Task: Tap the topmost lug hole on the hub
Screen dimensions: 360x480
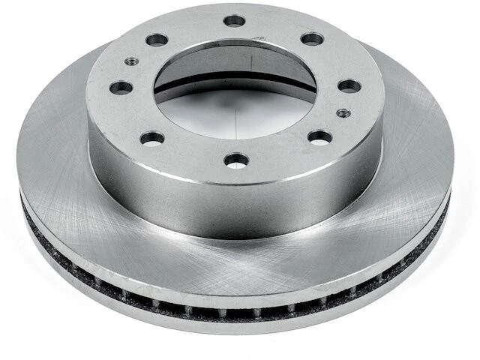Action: coord(235,20)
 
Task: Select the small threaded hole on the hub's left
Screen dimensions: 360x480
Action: coord(130,61)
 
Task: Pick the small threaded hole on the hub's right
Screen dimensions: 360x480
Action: coord(343,112)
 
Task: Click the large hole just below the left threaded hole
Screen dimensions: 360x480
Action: coord(121,88)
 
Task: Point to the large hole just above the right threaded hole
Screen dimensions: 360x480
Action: coord(349,85)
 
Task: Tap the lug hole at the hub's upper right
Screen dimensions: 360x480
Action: coord(312,38)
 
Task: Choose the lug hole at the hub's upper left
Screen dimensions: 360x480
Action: coord(157,39)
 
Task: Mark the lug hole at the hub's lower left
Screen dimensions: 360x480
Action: coord(152,138)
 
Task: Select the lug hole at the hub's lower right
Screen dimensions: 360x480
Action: coord(319,137)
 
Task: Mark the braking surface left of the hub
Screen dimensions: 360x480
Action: coord(56,150)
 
